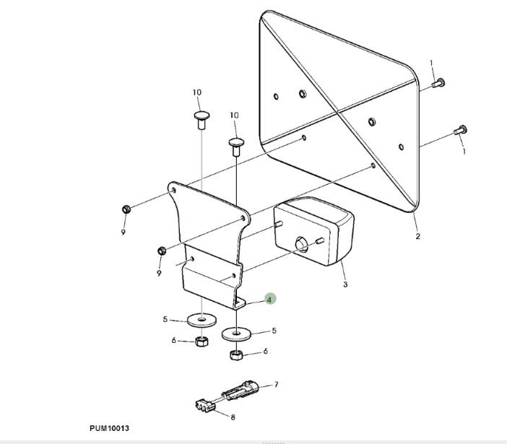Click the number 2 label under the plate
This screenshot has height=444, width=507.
pyautogui.click(x=417, y=237)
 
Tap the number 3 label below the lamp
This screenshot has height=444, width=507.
pyautogui.click(x=345, y=285)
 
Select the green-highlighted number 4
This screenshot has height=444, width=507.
pyautogui.click(x=269, y=299)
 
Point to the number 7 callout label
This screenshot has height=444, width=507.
pyautogui.click(x=276, y=386)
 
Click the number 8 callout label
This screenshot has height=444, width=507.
pyautogui.click(x=233, y=417)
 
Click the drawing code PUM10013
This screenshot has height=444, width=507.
pyautogui.click(x=110, y=429)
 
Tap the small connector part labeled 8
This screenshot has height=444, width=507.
pyautogui.click(x=204, y=407)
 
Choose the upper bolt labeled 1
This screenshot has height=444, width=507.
pyautogui.click(x=438, y=84)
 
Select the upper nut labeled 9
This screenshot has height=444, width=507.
pyautogui.click(x=126, y=209)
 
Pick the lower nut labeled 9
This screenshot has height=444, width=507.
pyautogui.click(x=162, y=251)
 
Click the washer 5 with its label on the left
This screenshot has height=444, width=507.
pyautogui.click(x=199, y=319)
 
